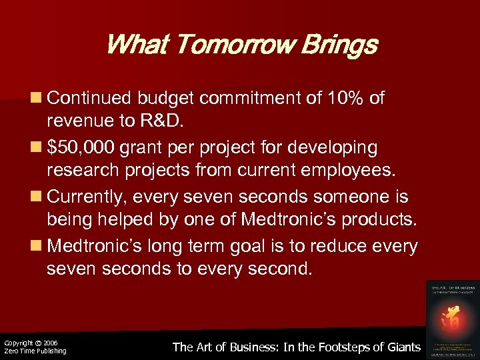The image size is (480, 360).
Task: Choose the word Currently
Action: (87, 197)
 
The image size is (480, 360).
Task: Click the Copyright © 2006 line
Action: (31, 343)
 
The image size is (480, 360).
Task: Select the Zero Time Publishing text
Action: (35, 351)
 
